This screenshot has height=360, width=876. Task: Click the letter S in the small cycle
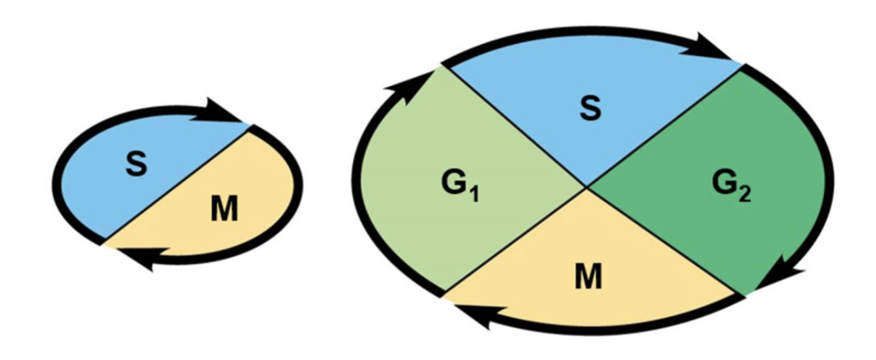[x=136, y=165]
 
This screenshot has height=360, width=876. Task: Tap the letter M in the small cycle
[x=224, y=211]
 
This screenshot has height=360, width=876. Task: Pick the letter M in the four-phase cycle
[x=588, y=277]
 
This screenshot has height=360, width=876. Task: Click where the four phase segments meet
[x=587, y=189]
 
